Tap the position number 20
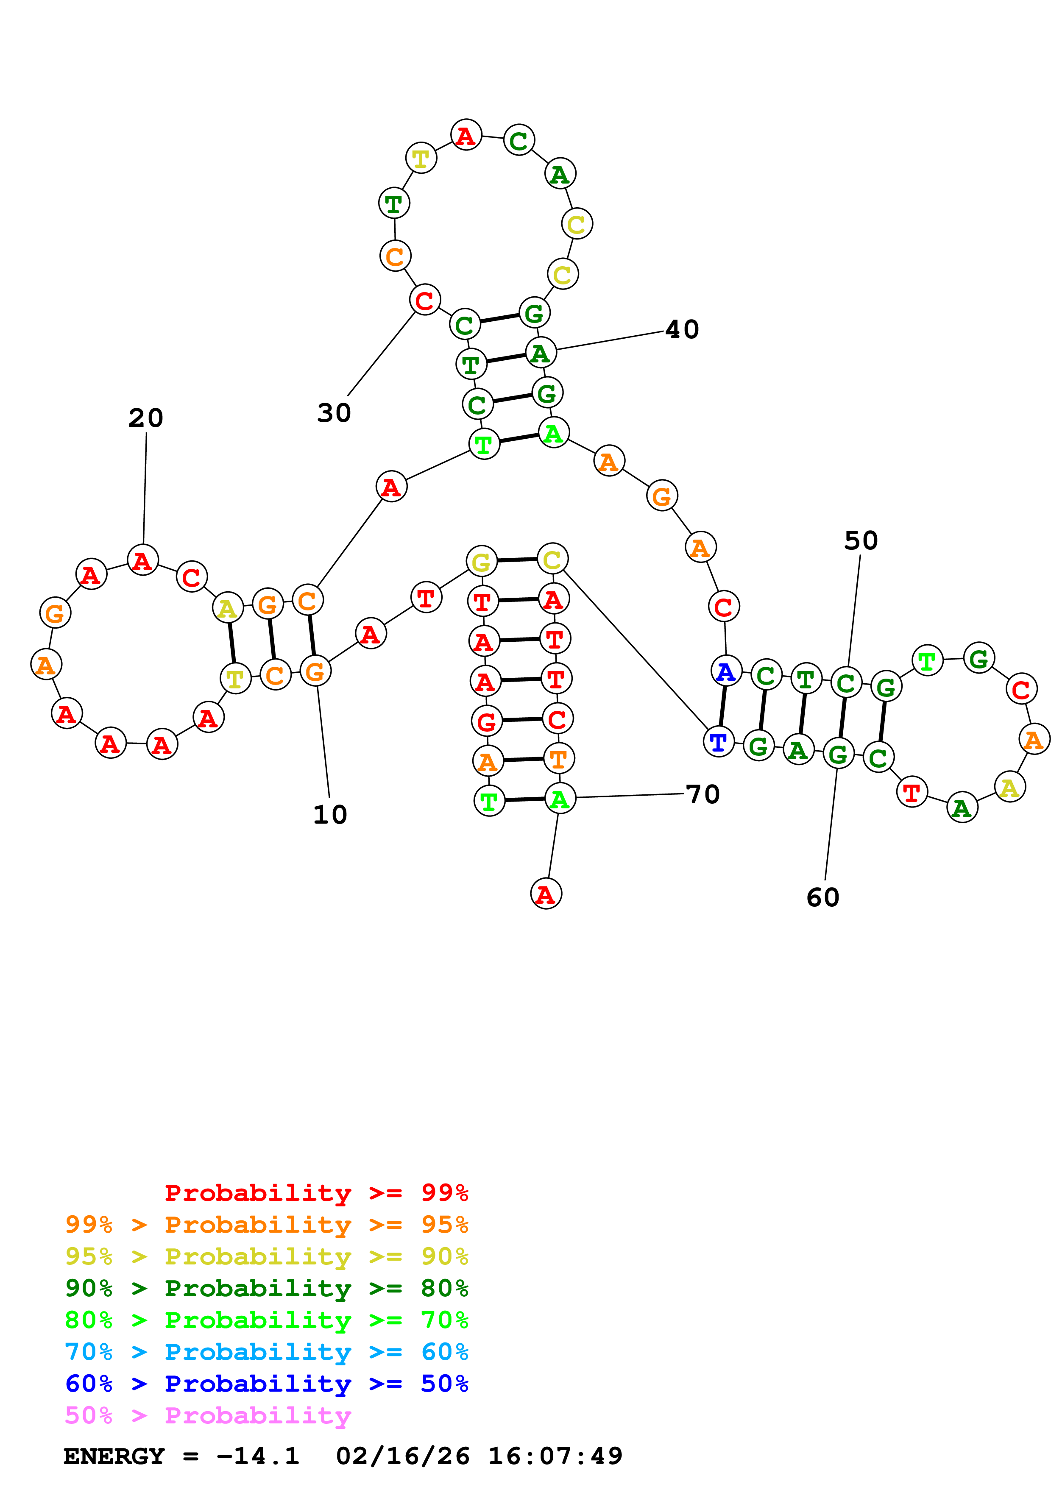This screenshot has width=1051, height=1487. click(x=146, y=418)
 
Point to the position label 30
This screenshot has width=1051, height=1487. click(x=334, y=412)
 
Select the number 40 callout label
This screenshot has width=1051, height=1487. click(x=682, y=329)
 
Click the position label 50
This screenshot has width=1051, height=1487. click(x=861, y=540)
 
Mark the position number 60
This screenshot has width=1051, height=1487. click(x=822, y=897)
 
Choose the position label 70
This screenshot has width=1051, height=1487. click(x=703, y=794)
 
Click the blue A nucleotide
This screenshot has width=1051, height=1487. click(x=726, y=671)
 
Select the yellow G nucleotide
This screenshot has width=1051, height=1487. click(x=481, y=562)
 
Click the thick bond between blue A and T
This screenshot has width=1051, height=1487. click(x=722, y=707)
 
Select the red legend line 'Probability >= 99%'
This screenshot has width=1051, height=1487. click(x=316, y=1193)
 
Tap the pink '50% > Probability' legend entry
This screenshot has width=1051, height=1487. click(x=208, y=1415)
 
